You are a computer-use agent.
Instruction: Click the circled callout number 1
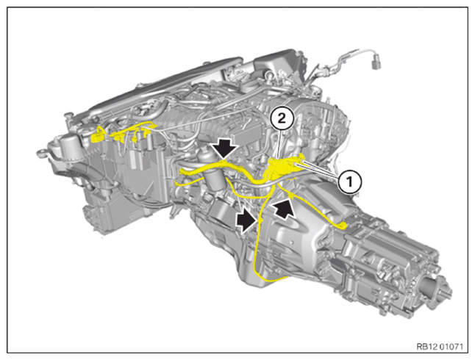[x=349, y=182]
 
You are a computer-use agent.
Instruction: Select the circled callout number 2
[x=282, y=119]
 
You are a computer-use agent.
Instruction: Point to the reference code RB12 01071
[x=440, y=346]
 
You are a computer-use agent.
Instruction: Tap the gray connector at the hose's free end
[x=376, y=64]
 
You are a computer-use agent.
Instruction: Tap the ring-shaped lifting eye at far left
[x=41, y=152]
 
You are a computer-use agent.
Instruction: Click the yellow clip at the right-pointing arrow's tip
[x=260, y=220]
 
